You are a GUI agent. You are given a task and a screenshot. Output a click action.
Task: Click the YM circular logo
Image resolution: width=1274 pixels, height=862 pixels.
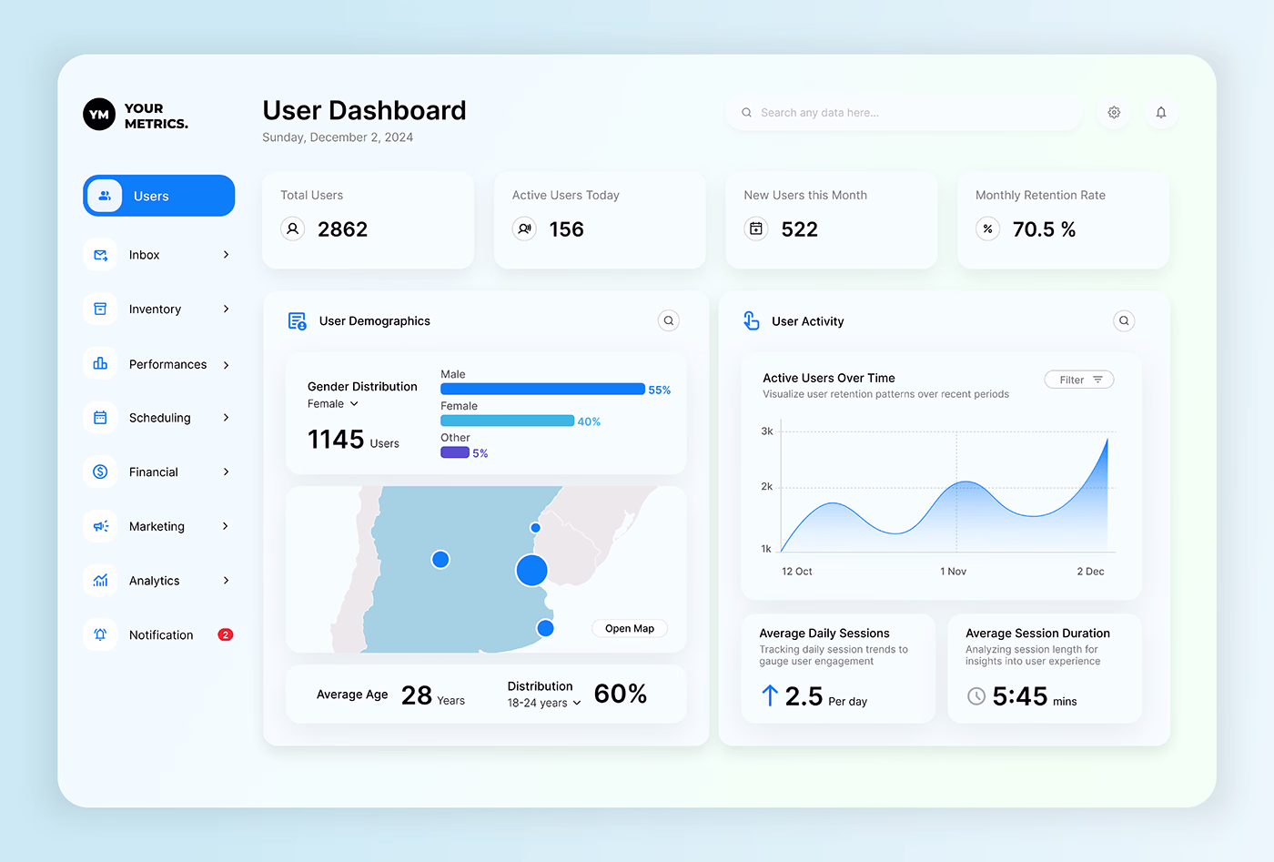point(99,115)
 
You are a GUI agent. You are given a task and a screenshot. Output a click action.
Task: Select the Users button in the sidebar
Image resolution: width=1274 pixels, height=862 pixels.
point(159,196)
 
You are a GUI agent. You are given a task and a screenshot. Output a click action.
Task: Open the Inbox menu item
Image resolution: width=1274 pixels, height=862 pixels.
point(144,255)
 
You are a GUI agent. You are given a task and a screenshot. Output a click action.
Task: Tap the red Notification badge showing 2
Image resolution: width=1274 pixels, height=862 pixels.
point(226,634)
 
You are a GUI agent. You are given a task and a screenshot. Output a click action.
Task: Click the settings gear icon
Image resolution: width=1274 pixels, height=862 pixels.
point(1114,113)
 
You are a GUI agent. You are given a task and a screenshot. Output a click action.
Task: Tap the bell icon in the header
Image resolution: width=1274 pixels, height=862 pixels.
point(1161,113)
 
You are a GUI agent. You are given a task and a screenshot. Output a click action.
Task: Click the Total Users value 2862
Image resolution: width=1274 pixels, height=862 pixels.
point(342,229)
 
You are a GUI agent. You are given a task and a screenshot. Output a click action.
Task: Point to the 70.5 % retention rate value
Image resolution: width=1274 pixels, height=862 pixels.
point(1044,229)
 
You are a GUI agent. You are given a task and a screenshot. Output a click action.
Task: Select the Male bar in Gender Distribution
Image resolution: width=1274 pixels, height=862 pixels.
point(542,390)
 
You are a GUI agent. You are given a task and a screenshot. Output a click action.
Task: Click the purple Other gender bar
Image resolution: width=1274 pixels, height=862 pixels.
point(455,452)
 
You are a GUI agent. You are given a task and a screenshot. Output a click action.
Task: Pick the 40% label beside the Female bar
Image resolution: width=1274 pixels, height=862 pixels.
point(589,421)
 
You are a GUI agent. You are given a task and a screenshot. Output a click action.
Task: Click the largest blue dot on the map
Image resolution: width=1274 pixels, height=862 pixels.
point(531,571)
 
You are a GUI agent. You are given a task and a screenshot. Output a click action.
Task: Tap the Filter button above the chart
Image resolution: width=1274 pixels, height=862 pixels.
point(1079,380)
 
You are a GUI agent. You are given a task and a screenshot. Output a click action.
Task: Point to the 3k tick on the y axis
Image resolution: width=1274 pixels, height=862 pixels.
point(767,431)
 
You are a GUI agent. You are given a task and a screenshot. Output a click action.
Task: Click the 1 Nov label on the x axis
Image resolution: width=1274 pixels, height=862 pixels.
point(953,572)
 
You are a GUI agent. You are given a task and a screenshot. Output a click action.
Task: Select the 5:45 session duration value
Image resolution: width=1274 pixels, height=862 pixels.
point(1020,697)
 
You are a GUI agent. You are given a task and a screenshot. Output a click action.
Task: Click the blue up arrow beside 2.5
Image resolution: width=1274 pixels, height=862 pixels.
point(770,695)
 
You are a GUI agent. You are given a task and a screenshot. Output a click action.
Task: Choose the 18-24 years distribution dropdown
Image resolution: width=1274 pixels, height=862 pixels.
point(544,703)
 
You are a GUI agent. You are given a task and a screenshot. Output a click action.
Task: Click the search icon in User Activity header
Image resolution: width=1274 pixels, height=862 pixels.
point(1124,320)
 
